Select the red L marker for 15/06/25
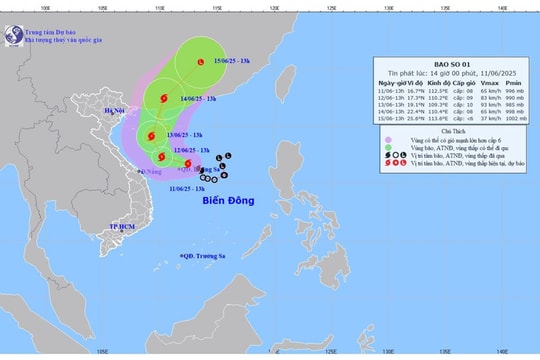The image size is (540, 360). [x=203, y=63]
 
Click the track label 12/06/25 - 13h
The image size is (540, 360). [x=191, y=151]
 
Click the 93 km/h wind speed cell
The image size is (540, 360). [x=489, y=103]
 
